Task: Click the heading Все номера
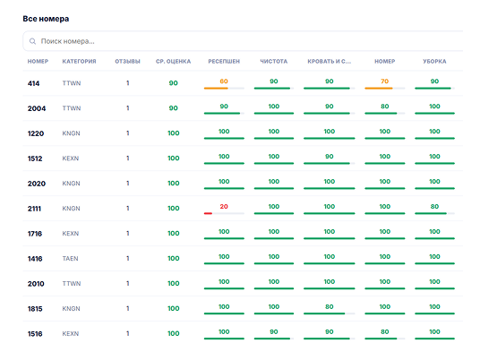pos(46,19)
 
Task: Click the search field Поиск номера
pos(243,41)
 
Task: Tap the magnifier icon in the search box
pos(32,41)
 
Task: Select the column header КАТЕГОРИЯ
pos(80,61)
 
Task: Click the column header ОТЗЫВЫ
pos(128,61)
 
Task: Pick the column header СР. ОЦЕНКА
pos(173,61)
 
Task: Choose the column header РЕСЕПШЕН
pos(224,61)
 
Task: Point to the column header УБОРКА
pos(434,61)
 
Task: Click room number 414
pos(34,83)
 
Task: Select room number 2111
pos(34,209)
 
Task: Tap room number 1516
pos(35,334)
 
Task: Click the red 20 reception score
pos(224,206)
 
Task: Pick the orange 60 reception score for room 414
pos(224,81)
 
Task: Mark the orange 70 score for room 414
pos(385,81)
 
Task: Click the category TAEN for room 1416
pos(71,259)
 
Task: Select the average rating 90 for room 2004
pos(173,108)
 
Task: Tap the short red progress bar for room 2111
pos(208,213)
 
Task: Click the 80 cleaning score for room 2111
pos(434,206)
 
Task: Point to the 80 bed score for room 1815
pos(330,306)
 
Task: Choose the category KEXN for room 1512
pos(71,159)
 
